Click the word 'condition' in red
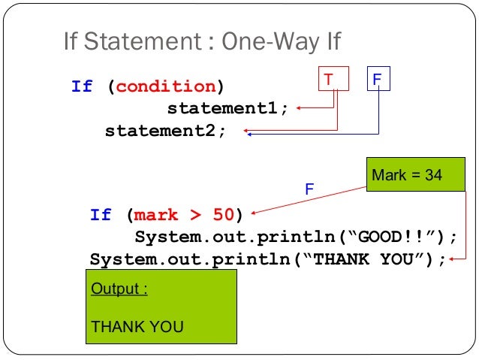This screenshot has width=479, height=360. tap(165, 86)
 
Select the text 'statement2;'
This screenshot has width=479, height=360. tap(165, 132)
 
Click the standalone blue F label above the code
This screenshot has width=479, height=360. tap(308, 189)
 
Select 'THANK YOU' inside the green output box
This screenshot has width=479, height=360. tap(137, 327)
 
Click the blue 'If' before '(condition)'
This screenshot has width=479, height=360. tap(82, 86)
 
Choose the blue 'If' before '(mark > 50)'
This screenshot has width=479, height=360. tap(101, 215)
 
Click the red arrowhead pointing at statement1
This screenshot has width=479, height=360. tap(297, 108)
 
